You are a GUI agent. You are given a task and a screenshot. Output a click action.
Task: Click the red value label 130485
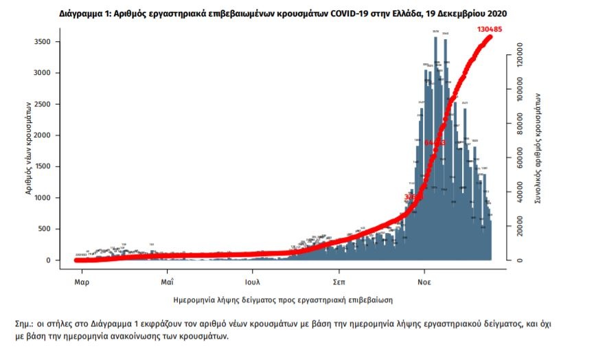tap(493, 30)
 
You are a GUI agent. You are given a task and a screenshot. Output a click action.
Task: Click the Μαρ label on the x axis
tap(82, 282)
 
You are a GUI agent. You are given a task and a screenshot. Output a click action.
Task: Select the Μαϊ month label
tap(168, 282)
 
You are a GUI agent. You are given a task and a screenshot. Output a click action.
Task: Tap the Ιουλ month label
tap(252, 282)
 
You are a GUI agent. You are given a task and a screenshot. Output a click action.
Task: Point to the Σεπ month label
tap(339, 282)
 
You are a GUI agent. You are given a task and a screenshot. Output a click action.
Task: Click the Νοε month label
tap(424, 282)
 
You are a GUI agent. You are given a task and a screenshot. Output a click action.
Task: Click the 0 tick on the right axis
tap(520, 260)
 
